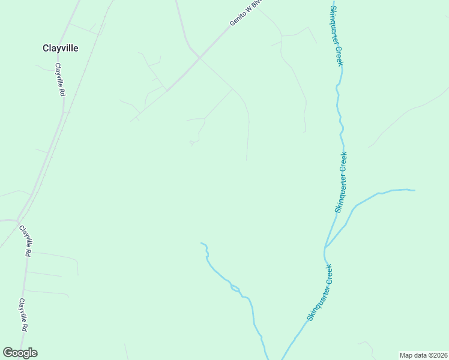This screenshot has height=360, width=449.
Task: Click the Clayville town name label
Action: [61, 48]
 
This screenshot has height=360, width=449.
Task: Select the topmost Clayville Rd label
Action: [59, 80]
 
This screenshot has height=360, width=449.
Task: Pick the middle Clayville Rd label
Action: [24, 241]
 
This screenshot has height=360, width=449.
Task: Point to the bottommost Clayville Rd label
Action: [23, 315]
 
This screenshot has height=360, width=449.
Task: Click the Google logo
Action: [20, 353]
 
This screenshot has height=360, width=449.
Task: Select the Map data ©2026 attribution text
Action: [423, 355]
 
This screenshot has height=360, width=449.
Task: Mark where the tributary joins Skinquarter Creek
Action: [325, 247]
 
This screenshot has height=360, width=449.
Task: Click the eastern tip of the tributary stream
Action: [414, 190]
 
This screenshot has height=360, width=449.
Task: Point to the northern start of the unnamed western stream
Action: [202, 243]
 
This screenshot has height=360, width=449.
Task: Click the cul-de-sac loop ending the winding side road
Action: [192, 143]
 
